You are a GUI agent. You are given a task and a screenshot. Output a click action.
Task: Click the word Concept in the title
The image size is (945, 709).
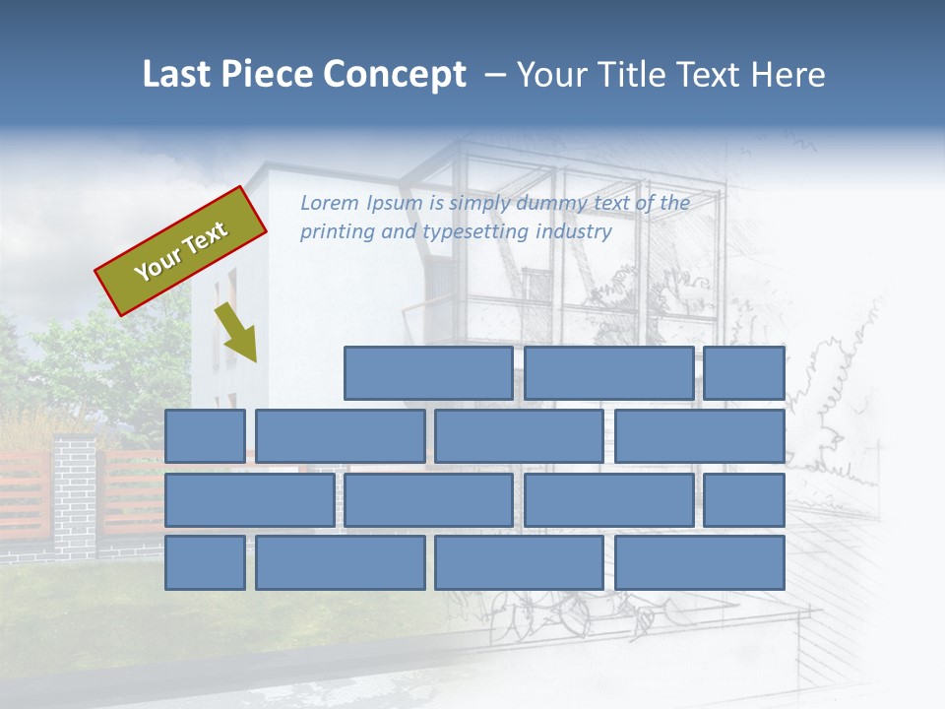click(x=396, y=75)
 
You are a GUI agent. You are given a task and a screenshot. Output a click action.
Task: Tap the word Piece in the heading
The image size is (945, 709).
click(x=266, y=75)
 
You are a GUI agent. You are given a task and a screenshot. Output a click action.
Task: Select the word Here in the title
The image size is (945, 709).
click(x=787, y=75)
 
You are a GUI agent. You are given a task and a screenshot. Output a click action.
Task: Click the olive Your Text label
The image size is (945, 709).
click(x=181, y=251)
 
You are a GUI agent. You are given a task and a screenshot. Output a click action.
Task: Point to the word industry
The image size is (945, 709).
click(x=574, y=232)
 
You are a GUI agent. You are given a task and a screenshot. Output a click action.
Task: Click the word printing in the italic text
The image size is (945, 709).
click(x=337, y=232)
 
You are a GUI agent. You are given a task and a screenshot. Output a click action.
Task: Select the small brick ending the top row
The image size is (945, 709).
click(x=744, y=373)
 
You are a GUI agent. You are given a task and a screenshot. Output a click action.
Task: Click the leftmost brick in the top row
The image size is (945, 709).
click(x=428, y=373)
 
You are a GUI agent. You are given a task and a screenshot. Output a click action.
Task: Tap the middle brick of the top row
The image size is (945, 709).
click(x=608, y=373)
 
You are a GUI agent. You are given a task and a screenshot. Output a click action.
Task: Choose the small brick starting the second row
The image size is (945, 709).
click(x=205, y=436)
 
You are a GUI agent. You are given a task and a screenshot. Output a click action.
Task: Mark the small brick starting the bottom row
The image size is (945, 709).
click(x=205, y=562)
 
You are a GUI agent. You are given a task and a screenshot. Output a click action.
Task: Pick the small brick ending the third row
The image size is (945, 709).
click(x=744, y=500)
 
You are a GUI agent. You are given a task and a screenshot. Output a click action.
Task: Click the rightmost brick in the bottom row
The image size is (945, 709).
click(x=700, y=562)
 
